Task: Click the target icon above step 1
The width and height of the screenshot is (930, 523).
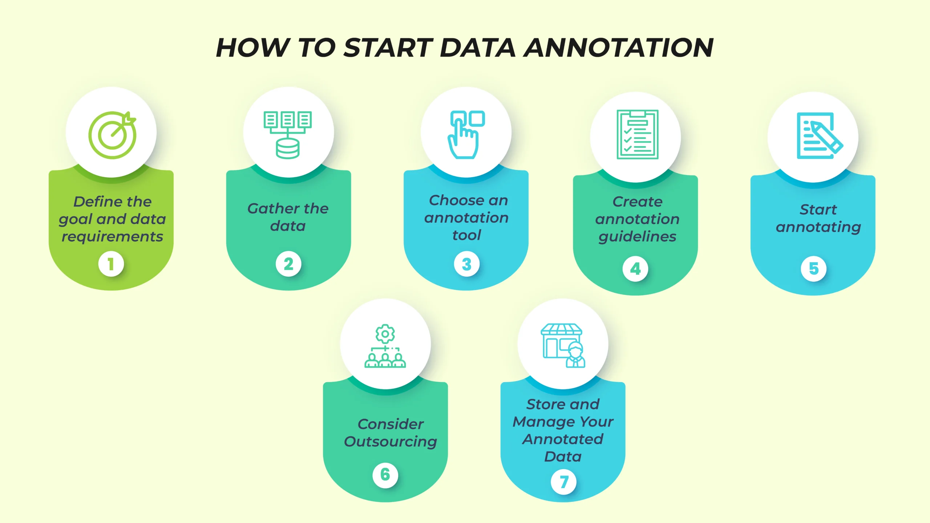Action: pos(112,135)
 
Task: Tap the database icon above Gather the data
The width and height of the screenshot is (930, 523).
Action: pos(288,135)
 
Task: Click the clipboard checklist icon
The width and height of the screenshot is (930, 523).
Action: pos(637,134)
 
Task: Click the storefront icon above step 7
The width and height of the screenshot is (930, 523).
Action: pos(563,345)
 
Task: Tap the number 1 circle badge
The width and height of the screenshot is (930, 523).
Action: pos(111,264)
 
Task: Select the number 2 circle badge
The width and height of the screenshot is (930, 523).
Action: pos(288,264)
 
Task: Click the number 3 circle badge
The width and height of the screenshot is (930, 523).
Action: pos(467,264)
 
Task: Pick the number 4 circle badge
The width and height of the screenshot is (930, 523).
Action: pos(635,269)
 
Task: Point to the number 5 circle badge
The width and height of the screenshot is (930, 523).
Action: pos(814,269)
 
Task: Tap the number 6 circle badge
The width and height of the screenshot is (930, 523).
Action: pos(385,475)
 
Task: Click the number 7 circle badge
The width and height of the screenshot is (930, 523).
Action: pos(564,482)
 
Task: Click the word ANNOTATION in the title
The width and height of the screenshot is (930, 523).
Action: pos(618,48)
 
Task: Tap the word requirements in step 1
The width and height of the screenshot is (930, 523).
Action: pos(112,237)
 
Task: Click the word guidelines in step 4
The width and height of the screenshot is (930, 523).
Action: pos(638,237)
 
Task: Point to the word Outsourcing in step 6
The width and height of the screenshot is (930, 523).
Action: pos(391,442)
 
